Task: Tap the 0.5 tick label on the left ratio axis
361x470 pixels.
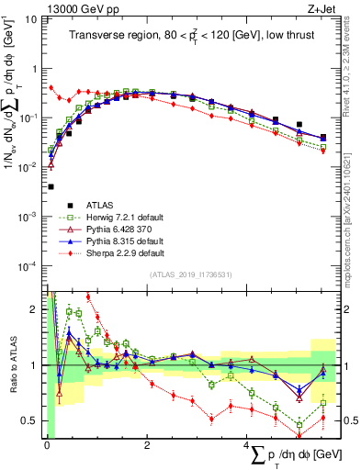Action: pyautogui.click(x=29, y=420)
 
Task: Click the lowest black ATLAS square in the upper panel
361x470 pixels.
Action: pyautogui.click(x=49, y=186)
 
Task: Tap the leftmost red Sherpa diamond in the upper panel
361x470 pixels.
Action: pyautogui.click(x=51, y=88)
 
